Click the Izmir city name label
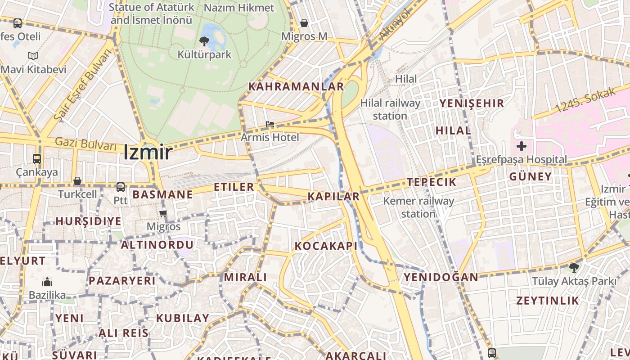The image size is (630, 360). (148, 152)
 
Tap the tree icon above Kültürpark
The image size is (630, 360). (204, 42)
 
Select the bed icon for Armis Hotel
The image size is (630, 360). (270, 124)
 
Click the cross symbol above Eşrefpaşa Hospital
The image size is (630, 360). (522, 146)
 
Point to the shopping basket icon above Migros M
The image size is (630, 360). (304, 23)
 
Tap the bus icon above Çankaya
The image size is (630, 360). (37, 159)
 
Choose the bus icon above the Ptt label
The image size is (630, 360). (121, 187)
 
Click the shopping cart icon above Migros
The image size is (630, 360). (163, 213)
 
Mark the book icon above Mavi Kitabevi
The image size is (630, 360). (33, 56)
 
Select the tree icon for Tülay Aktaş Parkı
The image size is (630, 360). (574, 268)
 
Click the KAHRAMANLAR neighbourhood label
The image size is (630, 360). (296, 86)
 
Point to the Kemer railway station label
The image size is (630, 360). (418, 207)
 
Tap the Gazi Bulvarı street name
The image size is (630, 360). (85, 144)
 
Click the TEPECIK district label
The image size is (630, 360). (432, 182)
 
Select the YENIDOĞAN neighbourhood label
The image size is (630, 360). (441, 277)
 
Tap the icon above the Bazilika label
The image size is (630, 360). (47, 283)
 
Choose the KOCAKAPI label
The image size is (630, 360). (326, 246)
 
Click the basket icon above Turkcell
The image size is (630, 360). (77, 181)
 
